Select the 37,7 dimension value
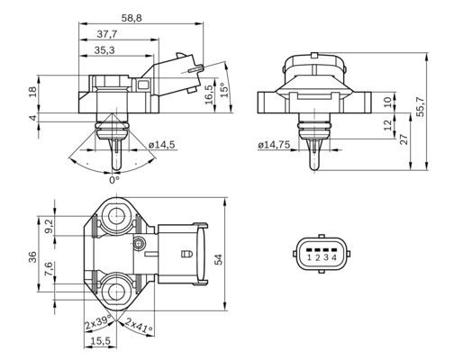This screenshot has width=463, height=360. pyautogui.click(x=110, y=33)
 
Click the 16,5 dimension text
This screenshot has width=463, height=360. pyautogui.click(x=208, y=94)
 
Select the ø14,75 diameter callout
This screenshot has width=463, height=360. pyautogui.click(x=275, y=145)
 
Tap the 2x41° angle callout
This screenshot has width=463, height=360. pyautogui.click(x=140, y=323)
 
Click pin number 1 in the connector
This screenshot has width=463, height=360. pyautogui.click(x=309, y=258)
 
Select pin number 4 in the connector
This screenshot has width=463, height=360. pyautogui.click(x=334, y=258)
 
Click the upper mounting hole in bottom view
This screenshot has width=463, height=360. pyautogui.click(x=116, y=217)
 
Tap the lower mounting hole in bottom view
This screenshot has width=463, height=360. pyautogui.click(x=116, y=290)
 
